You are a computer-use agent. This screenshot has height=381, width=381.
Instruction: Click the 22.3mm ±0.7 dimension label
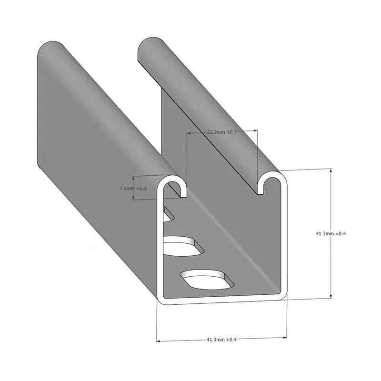[x=222, y=132]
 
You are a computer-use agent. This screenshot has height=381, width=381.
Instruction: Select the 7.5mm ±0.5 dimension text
[x=133, y=189]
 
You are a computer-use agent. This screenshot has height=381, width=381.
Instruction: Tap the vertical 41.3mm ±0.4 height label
[x=331, y=234]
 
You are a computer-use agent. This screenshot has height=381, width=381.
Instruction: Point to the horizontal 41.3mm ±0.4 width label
[x=221, y=339]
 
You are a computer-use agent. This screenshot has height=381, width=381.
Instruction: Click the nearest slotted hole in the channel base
[x=208, y=280]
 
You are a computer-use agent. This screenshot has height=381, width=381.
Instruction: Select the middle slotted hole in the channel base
[x=182, y=246]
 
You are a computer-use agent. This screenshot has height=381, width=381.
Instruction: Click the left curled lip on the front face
[x=175, y=184]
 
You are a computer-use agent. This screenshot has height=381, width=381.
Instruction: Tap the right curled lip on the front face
[x=270, y=183]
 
